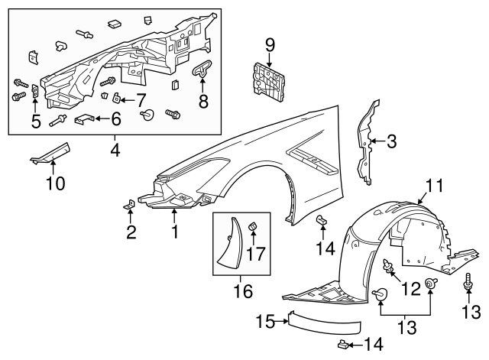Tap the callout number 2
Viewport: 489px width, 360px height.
pos(131,232)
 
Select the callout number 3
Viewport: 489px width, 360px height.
pos(391,141)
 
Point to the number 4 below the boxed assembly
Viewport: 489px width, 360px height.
pos(115,151)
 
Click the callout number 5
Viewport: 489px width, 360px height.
pos(35,120)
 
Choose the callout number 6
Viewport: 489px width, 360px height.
pos(115,118)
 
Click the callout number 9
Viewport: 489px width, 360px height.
pos(269,44)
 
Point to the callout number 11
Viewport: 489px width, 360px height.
pos(434,186)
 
